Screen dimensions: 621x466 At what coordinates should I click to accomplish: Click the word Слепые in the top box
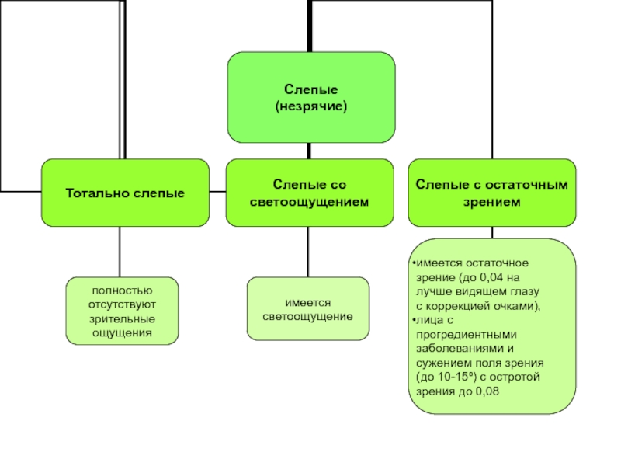tap(311, 89)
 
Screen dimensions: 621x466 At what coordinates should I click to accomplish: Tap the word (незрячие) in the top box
tap(311, 106)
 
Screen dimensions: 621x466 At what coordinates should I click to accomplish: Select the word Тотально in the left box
tap(97, 193)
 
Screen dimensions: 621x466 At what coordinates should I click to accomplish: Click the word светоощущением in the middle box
tap(309, 202)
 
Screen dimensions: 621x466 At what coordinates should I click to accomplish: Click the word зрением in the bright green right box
tap(492, 202)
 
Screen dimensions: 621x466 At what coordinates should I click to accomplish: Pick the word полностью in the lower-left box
tap(122, 290)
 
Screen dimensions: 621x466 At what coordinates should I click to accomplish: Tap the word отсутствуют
tap(122, 304)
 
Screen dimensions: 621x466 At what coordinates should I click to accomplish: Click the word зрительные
tap(122, 319)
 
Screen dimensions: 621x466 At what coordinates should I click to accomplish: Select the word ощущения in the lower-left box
tap(122, 333)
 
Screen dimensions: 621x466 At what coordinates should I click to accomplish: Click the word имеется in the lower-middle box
tap(307, 303)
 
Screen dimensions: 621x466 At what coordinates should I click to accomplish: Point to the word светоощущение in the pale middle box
tap(307, 317)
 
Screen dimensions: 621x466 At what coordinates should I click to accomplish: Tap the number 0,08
tap(487, 391)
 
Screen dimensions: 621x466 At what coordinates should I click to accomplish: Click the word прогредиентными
tap(467, 335)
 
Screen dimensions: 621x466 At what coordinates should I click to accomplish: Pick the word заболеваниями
tap(460, 349)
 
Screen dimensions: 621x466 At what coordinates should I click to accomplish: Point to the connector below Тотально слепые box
tap(120, 252)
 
